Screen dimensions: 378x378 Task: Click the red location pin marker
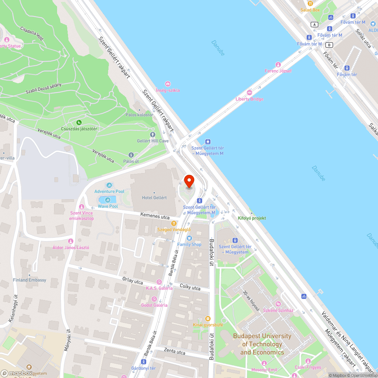pyautogui.click(x=189, y=181)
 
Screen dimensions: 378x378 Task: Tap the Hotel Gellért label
pyautogui.click(x=154, y=198)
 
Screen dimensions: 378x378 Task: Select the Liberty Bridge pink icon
pyautogui.click(x=249, y=92)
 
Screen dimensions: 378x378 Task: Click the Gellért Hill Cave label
pyautogui.click(x=153, y=141)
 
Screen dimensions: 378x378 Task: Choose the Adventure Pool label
pyautogui.click(x=109, y=192)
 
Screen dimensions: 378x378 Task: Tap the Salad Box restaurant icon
pyautogui.click(x=310, y=3)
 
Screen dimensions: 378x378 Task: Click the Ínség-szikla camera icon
pyautogui.click(x=168, y=84)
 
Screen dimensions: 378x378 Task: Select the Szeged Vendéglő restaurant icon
pyautogui.click(x=174, y=223)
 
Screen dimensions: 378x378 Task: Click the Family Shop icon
pyautogui.click(x=189, y=238)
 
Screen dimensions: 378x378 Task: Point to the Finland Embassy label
pyautogui.click(x=29, y=280)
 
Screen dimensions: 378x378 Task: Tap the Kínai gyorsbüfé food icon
pyautogui.click(x=207, y=318)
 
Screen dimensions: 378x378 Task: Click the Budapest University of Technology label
pyautogui.click(x=262, y=344)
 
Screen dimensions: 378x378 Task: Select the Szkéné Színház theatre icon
pyautogui.click(x=278, y=304)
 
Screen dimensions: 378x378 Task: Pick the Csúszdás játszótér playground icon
pyautogui.click(x=79, y=122)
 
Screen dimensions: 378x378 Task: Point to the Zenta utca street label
pyautogui.click(x=175, y=352)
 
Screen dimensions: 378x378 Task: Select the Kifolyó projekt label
pyautogui.click(x=252, y=218)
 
